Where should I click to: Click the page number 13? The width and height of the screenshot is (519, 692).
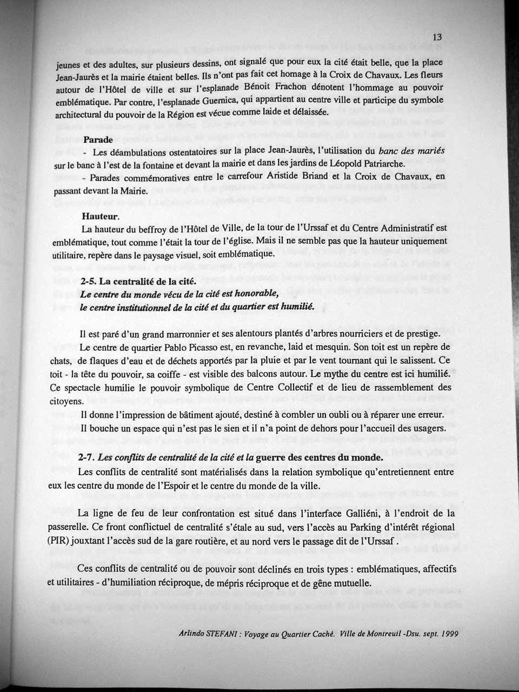[438, 37]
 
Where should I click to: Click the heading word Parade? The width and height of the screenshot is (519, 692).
[98, 139]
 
